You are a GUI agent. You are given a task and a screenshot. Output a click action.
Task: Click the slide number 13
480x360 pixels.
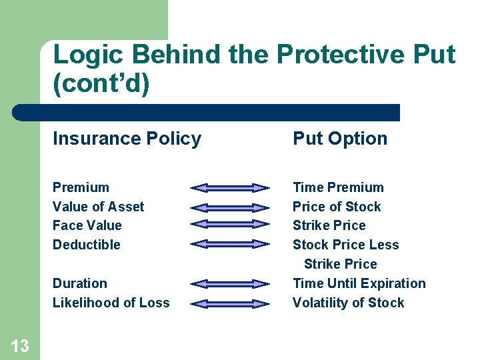(20, 345)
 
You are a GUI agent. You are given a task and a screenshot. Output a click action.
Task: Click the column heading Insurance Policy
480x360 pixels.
(127, 139)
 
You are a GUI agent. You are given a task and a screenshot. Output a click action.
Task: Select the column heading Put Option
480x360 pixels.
(340, 139)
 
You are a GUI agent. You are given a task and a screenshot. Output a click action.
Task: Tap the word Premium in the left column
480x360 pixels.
(81, 187)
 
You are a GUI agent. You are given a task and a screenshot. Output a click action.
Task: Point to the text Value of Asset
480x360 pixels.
(98, 207)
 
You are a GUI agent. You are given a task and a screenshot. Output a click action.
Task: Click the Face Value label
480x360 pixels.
(87, 225)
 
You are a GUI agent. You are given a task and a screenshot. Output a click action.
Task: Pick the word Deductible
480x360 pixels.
(87, 245)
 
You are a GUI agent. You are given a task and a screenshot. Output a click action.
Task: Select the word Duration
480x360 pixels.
(79, 283)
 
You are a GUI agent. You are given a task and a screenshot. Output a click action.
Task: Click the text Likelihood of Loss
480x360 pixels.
(111, 303)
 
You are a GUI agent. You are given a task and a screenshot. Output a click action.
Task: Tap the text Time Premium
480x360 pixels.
(338, 187)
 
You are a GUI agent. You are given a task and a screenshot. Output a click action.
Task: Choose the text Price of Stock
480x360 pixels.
(337, 207)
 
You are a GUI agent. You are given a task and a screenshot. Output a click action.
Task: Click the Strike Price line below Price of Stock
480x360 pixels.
(329, 225)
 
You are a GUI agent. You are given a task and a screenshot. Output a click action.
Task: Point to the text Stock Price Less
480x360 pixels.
(345, 245)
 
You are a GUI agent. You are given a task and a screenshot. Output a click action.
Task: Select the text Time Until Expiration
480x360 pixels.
(359, 283)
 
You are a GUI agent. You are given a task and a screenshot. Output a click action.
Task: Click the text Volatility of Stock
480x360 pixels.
(348, 303)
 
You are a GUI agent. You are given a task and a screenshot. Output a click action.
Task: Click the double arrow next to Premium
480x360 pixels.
(230, 188)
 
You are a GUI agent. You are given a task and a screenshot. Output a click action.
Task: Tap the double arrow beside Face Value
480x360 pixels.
(230, 224)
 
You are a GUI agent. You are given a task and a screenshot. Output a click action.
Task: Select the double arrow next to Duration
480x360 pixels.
(230, 284)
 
